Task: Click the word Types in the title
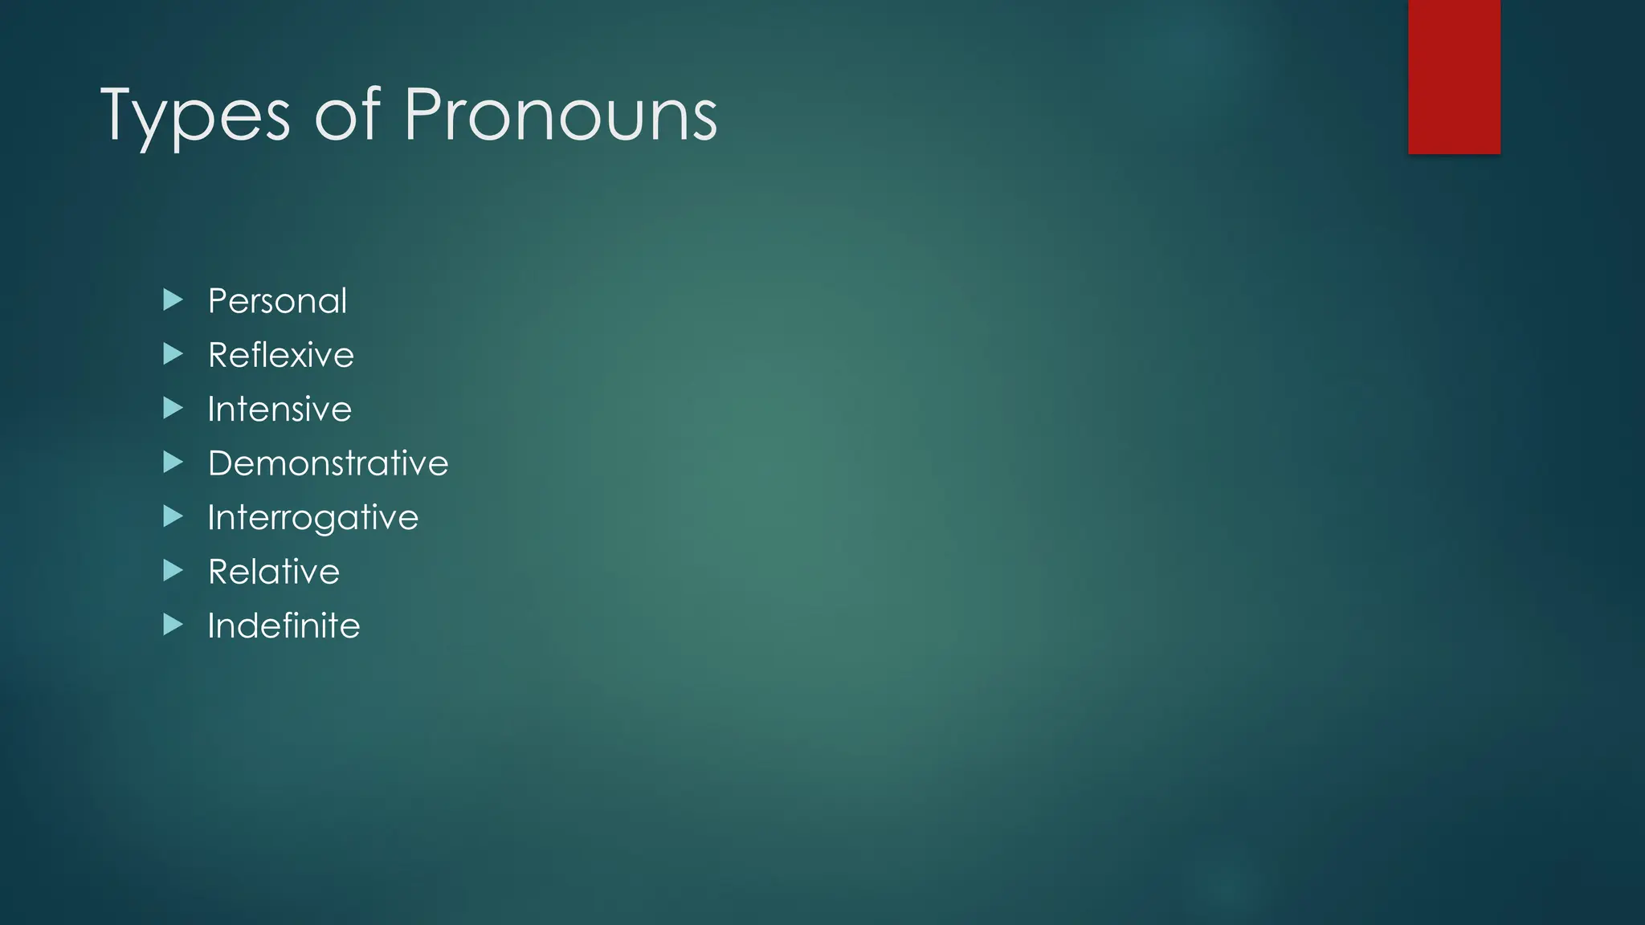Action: point(194,116)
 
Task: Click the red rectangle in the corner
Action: point(1454,76)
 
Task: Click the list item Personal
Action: point(277,301)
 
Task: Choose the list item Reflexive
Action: point(280,355)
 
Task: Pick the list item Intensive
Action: point(280,410)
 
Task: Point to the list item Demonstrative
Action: point(328,463)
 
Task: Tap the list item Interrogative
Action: point(312,518)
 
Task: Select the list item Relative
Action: point(273,572)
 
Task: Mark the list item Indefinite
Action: point(284,625)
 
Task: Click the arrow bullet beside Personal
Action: point(173,300)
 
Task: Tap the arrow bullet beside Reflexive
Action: point(173,354)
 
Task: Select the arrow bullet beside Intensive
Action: point(173,408)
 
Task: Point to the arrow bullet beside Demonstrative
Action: point(173,462)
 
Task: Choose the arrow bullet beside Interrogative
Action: point(173,516)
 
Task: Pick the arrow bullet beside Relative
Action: point(173,571)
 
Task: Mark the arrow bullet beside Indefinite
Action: point(173,625)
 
